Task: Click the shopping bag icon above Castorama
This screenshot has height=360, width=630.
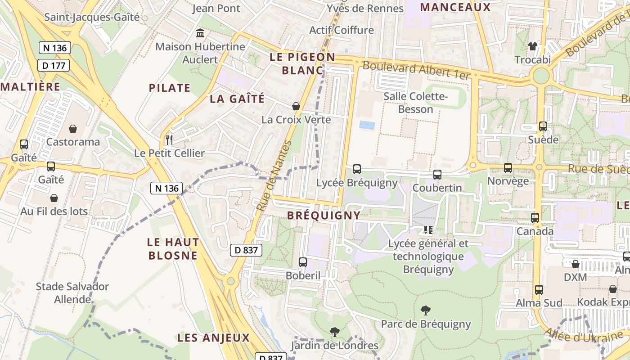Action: pos(73,129)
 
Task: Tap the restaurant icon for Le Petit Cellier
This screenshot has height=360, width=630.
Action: pos(169,139)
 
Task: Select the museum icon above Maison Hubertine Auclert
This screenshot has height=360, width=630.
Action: pos(200,33)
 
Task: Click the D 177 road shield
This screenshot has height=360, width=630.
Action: pos(54,65)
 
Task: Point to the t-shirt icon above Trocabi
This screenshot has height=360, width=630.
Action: pos(533,46)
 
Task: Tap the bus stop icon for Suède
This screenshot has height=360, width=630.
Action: pos(543,126)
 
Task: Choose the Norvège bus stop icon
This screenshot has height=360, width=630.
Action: pos(508,168)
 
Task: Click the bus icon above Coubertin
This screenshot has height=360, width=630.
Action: pos(437,175)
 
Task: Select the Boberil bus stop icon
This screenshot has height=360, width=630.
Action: pos(303,262)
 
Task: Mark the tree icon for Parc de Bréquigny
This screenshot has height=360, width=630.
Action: pos(425,310)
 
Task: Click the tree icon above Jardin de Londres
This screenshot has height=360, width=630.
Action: pos(334,332)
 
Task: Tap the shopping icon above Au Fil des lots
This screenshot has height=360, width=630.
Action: pos(54,198)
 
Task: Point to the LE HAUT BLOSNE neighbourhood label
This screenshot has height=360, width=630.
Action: pos(173,249)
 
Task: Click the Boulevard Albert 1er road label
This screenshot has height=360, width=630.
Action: pos(416,70)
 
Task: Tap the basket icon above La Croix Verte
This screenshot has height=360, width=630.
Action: pos(296,106)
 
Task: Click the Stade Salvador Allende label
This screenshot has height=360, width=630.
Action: pos(72,292)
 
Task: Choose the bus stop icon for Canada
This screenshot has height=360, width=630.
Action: pos(535,218)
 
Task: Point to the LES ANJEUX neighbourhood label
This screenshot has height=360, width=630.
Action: pos(213,338)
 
